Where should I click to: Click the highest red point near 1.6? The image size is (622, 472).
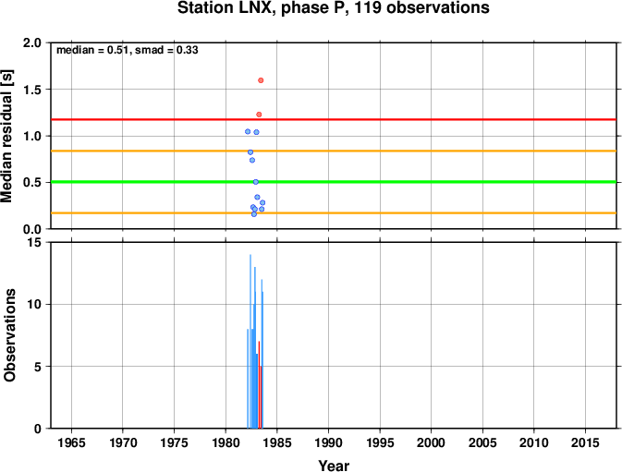261,80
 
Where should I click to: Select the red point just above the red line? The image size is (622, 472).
259,115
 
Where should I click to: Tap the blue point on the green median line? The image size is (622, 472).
256,182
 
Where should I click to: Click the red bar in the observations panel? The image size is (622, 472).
259,384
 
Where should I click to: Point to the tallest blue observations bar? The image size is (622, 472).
250,341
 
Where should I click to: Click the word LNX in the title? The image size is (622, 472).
255,8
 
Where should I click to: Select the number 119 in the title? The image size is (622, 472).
368,8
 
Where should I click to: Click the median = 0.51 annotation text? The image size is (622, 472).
92,50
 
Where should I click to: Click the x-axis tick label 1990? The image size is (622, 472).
328,442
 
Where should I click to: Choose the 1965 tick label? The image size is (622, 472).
71,442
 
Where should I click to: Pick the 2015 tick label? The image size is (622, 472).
585,442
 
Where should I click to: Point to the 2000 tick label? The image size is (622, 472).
432,442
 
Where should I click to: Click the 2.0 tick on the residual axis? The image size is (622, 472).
32,42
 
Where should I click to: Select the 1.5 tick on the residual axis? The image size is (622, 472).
32,90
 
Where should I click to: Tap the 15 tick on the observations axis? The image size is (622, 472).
35,242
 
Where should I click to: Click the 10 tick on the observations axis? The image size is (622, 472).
35,305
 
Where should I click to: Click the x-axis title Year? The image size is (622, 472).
334,466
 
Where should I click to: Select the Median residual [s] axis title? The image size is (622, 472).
7,136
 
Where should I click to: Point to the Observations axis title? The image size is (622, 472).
9,335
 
